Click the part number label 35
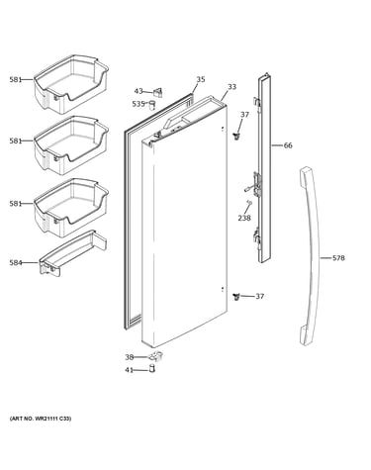201,79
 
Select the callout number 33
232,87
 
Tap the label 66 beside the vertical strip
288,145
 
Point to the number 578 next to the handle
338,258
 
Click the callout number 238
244,218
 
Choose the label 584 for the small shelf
16,263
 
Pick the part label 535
139,104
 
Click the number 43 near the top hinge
139,91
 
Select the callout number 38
130,357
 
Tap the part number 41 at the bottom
129,370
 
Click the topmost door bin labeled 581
71,84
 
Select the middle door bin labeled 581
71,145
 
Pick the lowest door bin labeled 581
71,208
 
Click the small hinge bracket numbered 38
156,356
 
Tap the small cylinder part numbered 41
152,369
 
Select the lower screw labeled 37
235,296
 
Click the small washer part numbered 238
249,203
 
